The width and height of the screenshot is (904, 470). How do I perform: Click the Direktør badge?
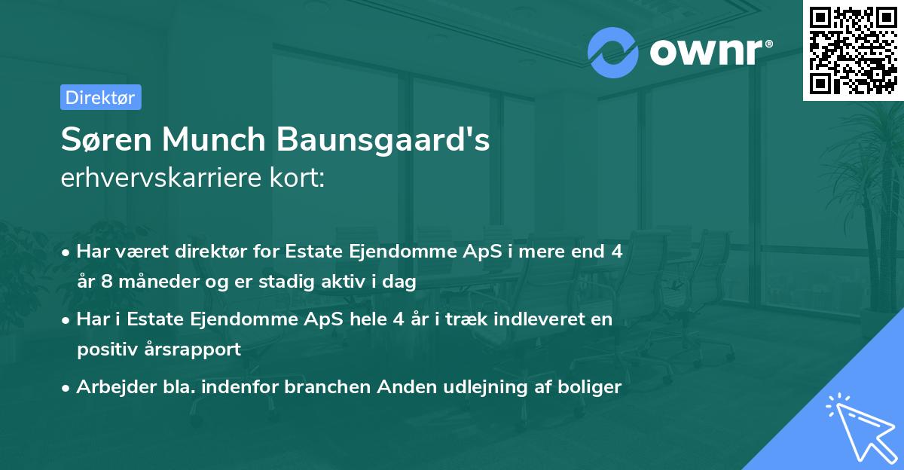(100, 97)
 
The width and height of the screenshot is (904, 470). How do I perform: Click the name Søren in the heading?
(108, 140)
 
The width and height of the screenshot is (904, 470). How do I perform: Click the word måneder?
(148, 282)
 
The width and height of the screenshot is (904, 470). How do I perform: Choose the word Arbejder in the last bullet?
(108, 387)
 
